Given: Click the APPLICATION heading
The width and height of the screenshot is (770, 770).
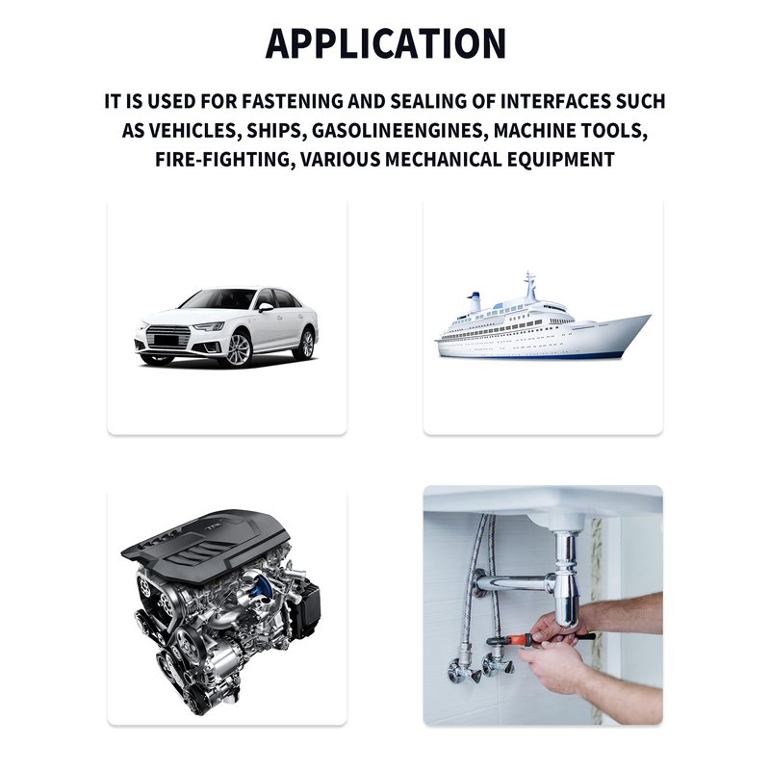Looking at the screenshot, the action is pos(386,43).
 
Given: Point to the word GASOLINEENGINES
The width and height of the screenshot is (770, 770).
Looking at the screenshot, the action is pos(399,131).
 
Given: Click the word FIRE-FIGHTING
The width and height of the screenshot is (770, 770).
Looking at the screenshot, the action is pos(225,160).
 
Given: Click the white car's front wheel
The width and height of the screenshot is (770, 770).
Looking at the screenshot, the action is pos(239,349).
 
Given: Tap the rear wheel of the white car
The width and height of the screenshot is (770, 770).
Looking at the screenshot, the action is pos(305,344).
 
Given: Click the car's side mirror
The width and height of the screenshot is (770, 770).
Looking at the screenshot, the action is pos(266,307).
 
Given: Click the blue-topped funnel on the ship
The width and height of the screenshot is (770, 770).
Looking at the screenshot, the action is pos(475,301).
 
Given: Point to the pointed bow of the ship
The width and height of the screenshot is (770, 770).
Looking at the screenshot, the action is pos(647,319).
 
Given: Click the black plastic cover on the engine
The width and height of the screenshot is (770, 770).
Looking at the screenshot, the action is pos(206,545).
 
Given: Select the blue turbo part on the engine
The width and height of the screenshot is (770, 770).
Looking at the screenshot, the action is pos(260,588).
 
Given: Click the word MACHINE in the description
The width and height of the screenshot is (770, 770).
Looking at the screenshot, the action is pos(534,131).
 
